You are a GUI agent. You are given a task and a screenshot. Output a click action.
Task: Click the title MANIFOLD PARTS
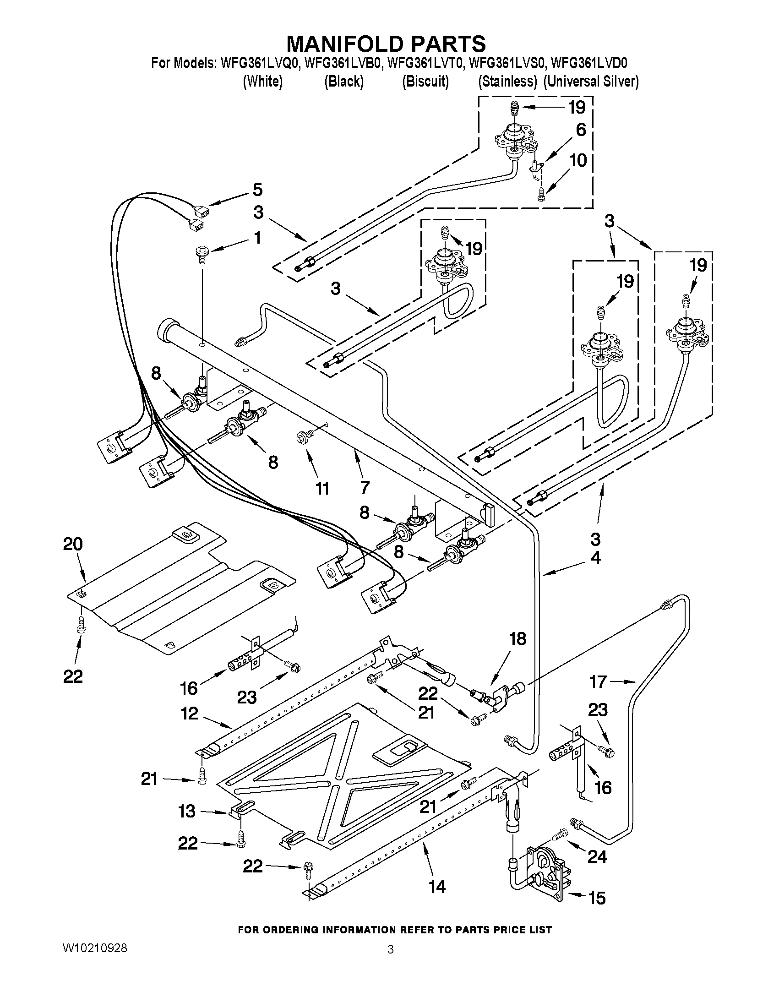point(386,44)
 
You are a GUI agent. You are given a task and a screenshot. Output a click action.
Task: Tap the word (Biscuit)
point(425,82)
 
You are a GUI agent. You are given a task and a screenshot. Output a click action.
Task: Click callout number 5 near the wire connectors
point(257,190)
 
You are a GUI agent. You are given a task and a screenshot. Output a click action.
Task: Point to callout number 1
point(257,238)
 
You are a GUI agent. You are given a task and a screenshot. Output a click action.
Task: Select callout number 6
point(581,130)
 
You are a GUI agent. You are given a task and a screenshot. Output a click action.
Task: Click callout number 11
point(322,488)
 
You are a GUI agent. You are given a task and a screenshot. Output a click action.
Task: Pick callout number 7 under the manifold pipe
point(365,487)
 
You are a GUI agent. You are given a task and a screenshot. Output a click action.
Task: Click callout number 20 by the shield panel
point(73,544)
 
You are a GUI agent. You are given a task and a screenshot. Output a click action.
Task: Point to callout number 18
point(518,639)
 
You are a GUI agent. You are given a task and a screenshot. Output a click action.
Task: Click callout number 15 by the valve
point(597,898)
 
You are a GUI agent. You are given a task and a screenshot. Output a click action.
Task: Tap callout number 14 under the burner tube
point(436,887)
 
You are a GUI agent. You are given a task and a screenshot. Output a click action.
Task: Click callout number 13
point(187,811)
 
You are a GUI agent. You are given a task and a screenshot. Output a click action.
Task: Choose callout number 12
point(190,714)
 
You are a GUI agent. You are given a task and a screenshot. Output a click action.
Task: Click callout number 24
point(597,856)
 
